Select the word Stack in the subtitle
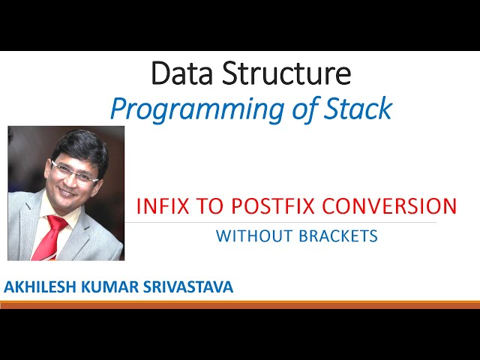[x=358, y=109]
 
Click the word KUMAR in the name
[x=112, y=286]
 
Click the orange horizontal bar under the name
[x=240, y=304]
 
